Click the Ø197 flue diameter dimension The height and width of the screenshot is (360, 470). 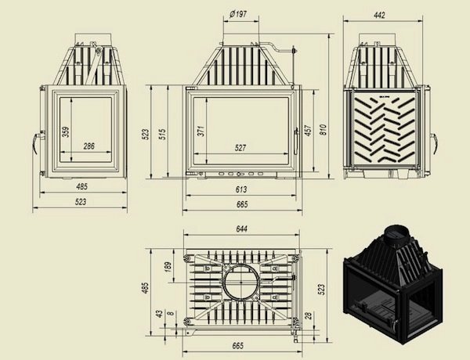pos(238,14)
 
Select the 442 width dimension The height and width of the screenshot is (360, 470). pos(379,15)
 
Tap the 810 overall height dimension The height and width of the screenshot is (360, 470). pos(323,129)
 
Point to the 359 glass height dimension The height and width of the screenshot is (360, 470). pos(66,131)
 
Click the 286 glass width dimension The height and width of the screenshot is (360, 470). pos(89,146)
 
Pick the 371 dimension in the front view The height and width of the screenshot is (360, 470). pos(201,131)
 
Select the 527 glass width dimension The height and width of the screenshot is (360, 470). pos(240,147)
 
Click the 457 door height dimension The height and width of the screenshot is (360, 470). pos(308,130)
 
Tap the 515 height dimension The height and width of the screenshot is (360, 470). pos(162,135)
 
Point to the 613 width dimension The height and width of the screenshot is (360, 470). pos(241,189)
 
